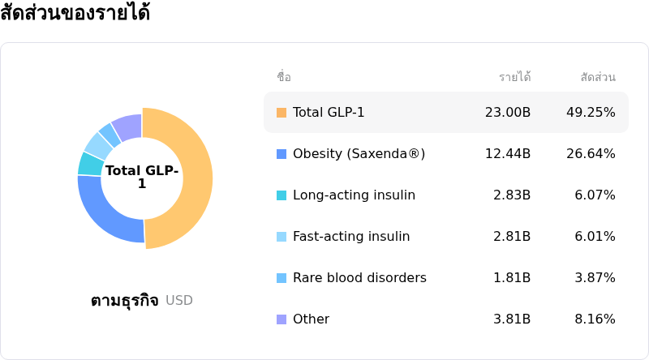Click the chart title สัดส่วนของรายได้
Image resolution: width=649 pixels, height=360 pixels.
coord(75,14)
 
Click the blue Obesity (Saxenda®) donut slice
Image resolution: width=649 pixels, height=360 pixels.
coord(105,215)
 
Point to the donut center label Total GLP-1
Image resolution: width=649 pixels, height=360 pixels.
coord(142,177)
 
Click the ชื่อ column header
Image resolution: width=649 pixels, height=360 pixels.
coord(284,77)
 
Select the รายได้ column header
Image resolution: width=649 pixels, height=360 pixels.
coord(514,77)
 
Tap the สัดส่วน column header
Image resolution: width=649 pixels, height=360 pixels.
coord(598,77)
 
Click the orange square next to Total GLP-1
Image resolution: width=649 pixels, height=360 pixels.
coord(282,113)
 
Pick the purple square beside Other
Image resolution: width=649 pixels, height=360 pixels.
coord(282,319)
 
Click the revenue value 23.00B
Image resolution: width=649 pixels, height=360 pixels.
coord(508,113)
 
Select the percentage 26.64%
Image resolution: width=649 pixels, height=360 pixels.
coord(591,154)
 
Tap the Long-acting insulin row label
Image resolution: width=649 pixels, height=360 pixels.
coord(354,195)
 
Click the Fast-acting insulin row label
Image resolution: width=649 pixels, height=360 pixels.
coord(351,237)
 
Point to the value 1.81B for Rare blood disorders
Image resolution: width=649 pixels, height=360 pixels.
coord(512,278)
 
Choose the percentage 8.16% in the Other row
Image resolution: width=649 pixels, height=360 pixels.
coord(595,319)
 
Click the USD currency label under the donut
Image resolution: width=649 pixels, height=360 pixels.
coord(179,301)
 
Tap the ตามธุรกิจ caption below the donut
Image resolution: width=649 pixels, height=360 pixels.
coord(124,301)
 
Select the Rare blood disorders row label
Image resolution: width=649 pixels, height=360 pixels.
coord(359,278)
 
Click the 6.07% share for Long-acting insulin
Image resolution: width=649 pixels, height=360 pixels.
coord(595,195)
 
